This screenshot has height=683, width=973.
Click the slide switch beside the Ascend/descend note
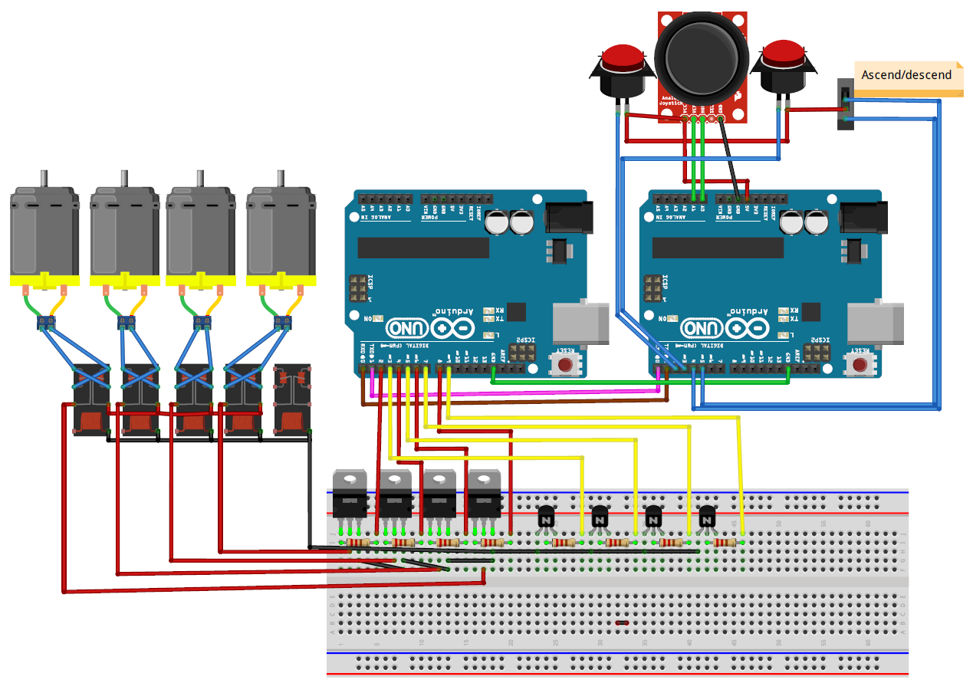[x=844, y=105]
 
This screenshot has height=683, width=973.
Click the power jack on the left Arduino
[x=568, y=216]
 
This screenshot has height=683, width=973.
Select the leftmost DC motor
[x=44, y=234]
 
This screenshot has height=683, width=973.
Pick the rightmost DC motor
[x=281, y=234]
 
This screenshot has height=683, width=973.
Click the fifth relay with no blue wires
[x=292, y=401]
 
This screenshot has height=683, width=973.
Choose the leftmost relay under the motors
[x=90, y=401]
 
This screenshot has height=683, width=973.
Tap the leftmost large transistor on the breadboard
[x=350, y=496]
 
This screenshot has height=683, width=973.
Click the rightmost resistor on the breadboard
[x=725, y=543]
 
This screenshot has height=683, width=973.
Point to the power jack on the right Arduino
[x=863, y=216]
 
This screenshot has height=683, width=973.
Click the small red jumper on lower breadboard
[x=622, y=623]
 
